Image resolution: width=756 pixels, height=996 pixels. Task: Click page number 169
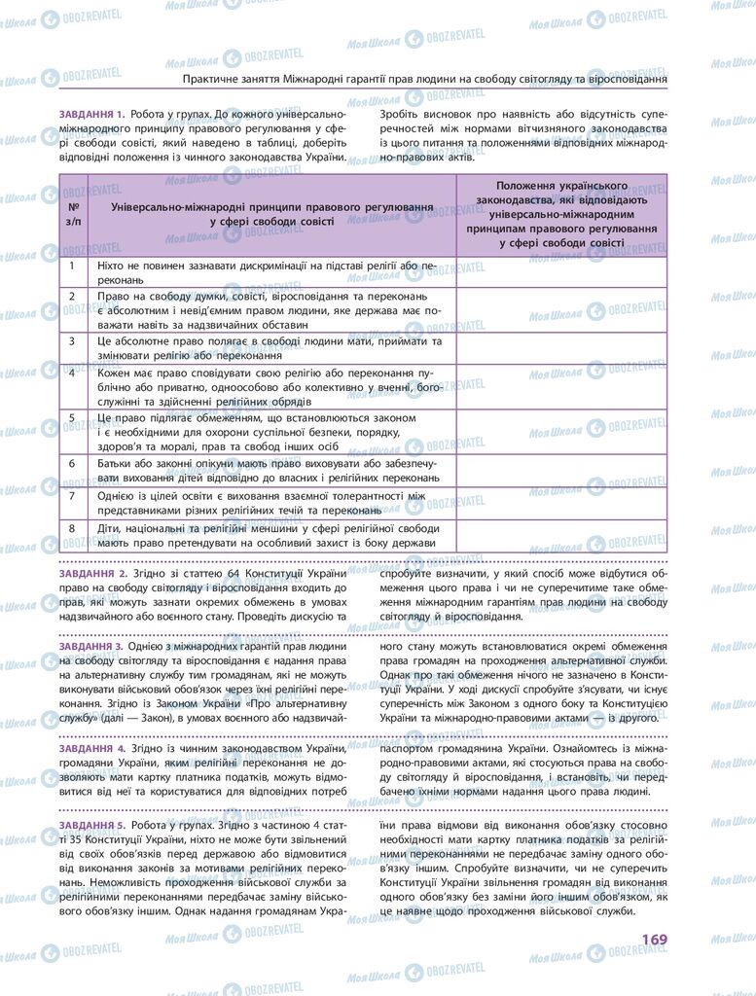tap(653, 939)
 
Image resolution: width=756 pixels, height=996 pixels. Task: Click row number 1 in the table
tap(73, 265)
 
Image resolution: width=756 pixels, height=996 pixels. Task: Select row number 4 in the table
tap(73, 373)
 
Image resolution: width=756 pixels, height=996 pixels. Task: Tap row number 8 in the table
tap(73, 529)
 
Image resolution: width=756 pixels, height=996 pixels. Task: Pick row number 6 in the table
tap(73, 464)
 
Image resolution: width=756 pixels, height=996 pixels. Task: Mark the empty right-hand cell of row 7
tap(561, 502)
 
